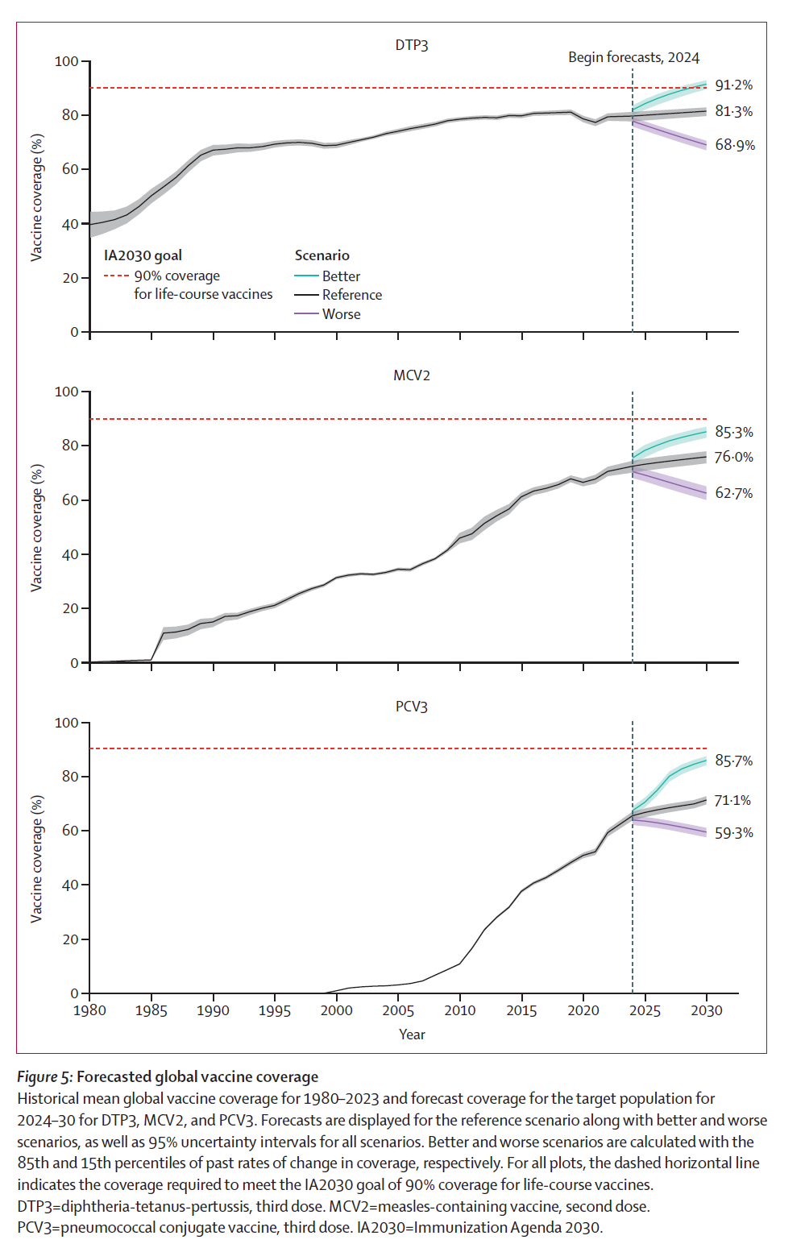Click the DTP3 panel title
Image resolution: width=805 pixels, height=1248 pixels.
click(411, 45)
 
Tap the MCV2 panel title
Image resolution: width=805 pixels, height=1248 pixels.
click(411, 375)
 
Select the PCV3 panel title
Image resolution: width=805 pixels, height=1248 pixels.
click(411, 707)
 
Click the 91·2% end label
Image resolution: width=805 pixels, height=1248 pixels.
click(733, 85)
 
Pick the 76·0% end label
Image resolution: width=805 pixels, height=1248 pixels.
click(733, 457)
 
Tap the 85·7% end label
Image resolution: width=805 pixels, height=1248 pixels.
click(733, 761)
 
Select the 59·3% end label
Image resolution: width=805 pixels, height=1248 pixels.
click(733, 832)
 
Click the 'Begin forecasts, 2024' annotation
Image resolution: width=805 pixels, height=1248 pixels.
click(633, 57)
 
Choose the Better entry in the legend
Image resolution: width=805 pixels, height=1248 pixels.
click(341, 276)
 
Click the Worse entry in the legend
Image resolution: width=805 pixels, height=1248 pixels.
click(341, 314)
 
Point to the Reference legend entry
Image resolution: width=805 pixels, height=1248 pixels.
click(352, 295)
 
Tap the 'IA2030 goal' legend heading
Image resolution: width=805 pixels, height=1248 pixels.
click(143, 255)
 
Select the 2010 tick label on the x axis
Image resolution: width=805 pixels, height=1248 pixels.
click(459, 1010)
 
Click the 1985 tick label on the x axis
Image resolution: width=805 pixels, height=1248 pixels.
click(151, 1010)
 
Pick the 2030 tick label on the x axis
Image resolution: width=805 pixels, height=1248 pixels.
click(706, 1010)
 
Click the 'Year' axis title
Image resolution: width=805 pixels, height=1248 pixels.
click(412, 1034)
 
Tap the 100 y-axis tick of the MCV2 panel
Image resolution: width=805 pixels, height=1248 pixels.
click(66, 392)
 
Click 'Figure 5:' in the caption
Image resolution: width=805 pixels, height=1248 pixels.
click(45, 1077)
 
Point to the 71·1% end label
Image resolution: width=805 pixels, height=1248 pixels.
click(732, 800)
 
